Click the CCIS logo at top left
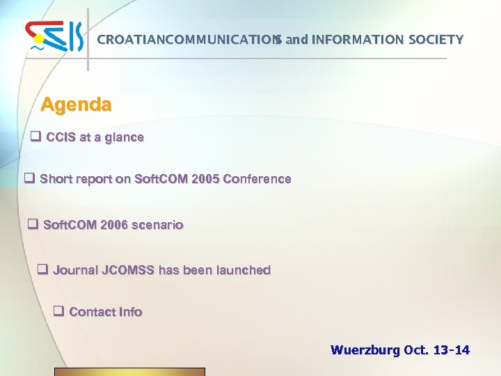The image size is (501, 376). (x=54, y=38)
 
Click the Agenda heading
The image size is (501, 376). (x=76, y=105)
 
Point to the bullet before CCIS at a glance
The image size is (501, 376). (x=35, y=137)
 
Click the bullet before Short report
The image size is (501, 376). (x=30, y=179)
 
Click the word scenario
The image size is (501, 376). (x=158, y=225)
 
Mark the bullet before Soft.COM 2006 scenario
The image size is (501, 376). (x=32, y=225)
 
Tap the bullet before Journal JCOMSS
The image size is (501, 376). (x=42, y=270)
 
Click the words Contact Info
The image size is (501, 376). (x=106, y=312)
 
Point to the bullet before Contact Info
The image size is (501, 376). (x=59, y=312)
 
